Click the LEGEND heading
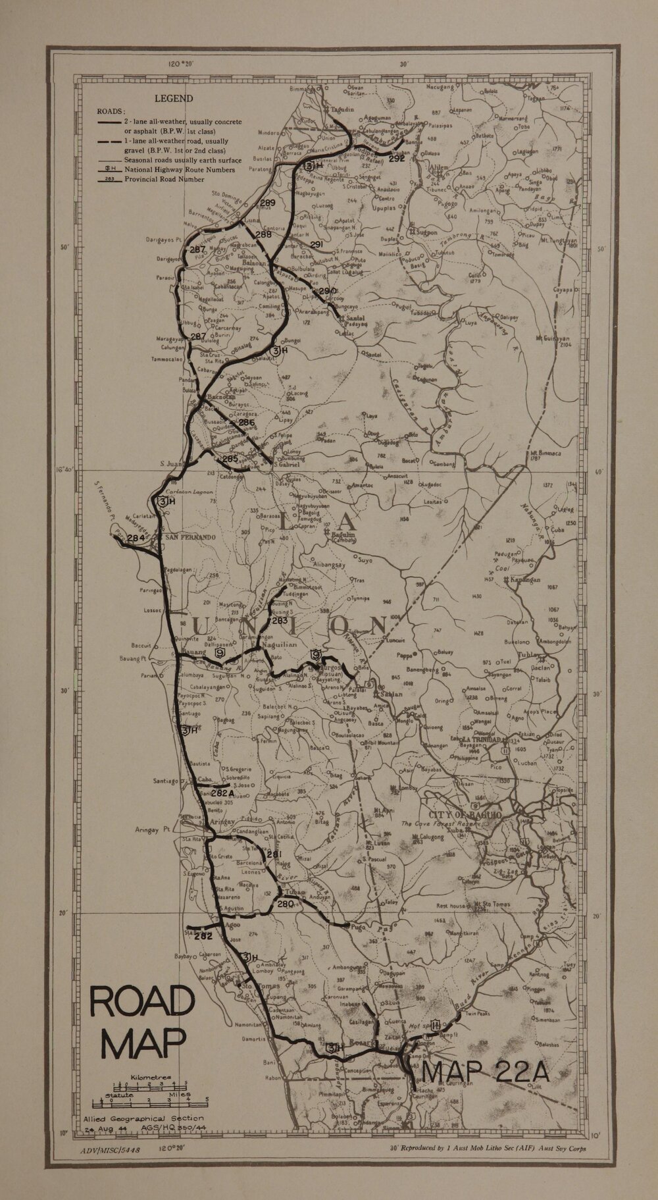pos(174,99)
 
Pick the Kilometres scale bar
pos(151,1083)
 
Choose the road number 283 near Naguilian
pos(279,620)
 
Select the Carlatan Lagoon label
pos(185,490)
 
